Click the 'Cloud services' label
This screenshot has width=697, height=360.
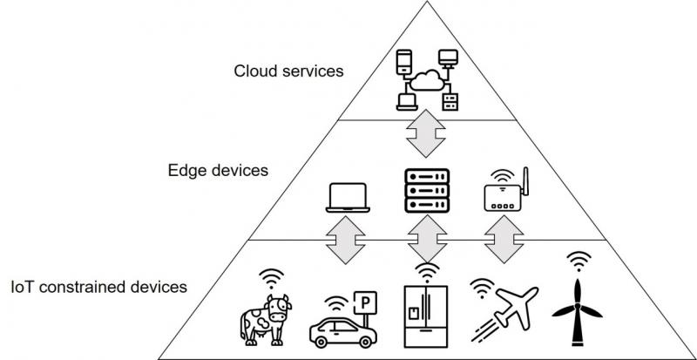(288, 71)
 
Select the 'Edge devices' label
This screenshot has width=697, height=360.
(217, 170)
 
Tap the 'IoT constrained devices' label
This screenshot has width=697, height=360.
(99, 286)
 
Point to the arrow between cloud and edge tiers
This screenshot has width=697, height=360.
(427, 133)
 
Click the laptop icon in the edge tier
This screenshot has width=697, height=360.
(348, 198)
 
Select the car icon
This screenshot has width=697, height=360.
(339, 329)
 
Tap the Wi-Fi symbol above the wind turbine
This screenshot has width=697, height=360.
(578, 260)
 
